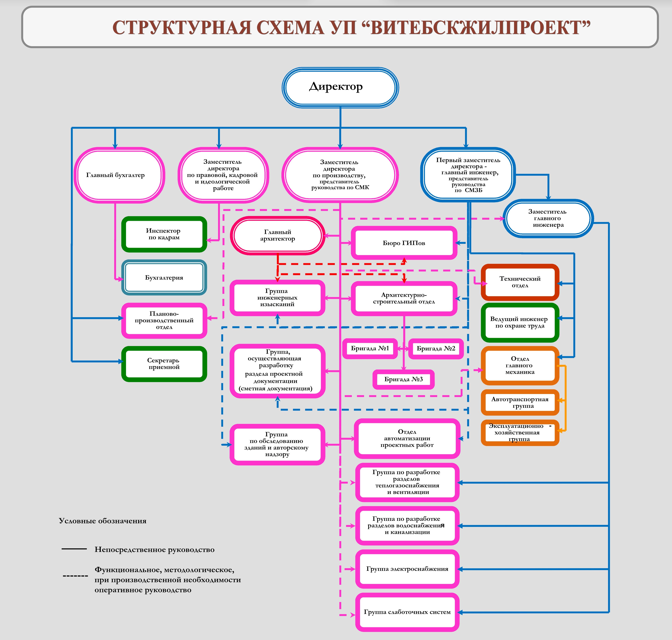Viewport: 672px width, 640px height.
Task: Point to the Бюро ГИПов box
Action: pos(404,243)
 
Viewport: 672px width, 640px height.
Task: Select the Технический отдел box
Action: pos(520,282)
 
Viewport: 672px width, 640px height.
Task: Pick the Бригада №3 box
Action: pos(404,379)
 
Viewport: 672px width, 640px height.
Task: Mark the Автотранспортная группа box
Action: pos(520,403)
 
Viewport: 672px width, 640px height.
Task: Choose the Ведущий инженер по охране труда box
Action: pos(520,322)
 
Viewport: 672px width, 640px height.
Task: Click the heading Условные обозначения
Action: pos(102,521)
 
